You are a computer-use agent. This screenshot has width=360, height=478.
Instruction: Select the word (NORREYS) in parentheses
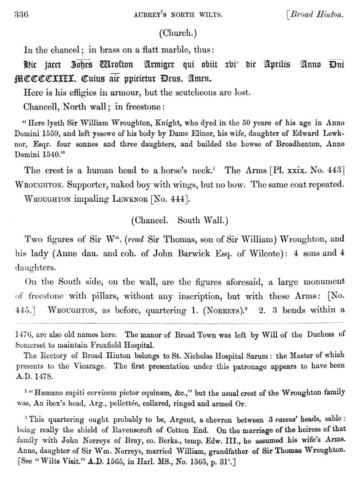pos(209,310)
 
